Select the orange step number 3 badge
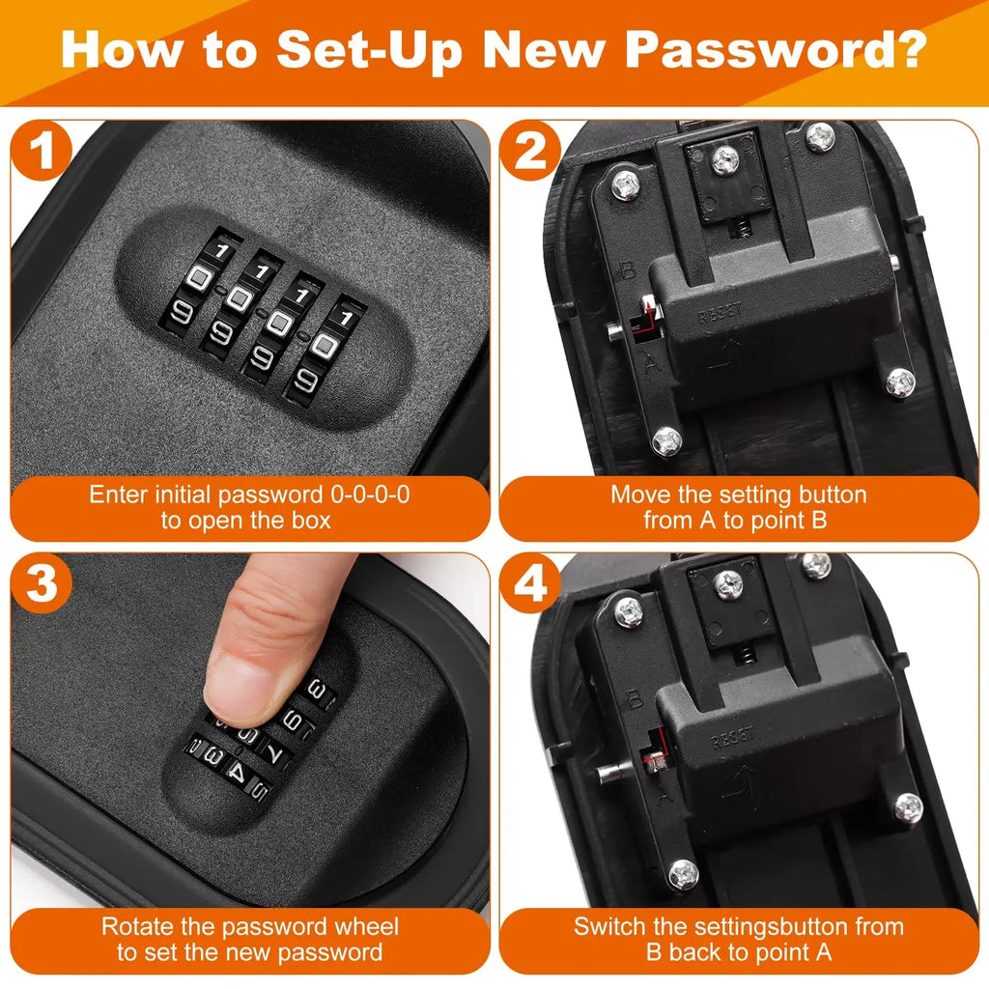(x=42, y=586)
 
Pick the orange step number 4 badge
(x=530, y=586)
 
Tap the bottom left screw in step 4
(x=683, y=875)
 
